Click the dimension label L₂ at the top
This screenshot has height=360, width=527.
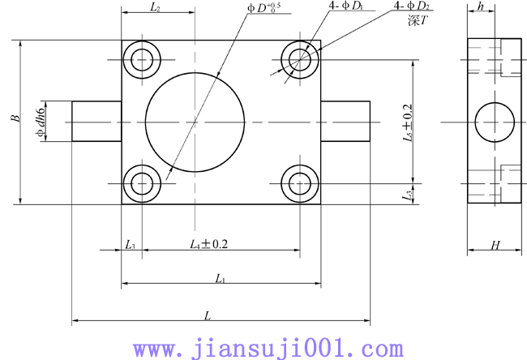click(156, 7)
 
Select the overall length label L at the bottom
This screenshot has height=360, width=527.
click(208, 315)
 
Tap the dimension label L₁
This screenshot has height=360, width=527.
click(220, 278)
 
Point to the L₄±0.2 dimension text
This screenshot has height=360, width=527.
click(208, 243)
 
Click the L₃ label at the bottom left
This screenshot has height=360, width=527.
click(131, 244)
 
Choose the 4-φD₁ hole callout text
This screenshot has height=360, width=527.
click(344, 7)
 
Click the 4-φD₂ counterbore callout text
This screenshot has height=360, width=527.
click(412, 7)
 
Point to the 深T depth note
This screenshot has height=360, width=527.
click(417, 22)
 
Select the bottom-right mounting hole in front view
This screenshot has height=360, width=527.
click(300, 182)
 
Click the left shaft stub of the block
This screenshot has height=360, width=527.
click(96, 121)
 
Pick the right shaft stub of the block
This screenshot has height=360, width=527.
click(345, 121)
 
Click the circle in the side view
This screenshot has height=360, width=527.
click(495, 122)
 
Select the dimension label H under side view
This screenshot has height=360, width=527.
click(495, 245)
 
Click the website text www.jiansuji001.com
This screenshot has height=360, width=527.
click(268, 349)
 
